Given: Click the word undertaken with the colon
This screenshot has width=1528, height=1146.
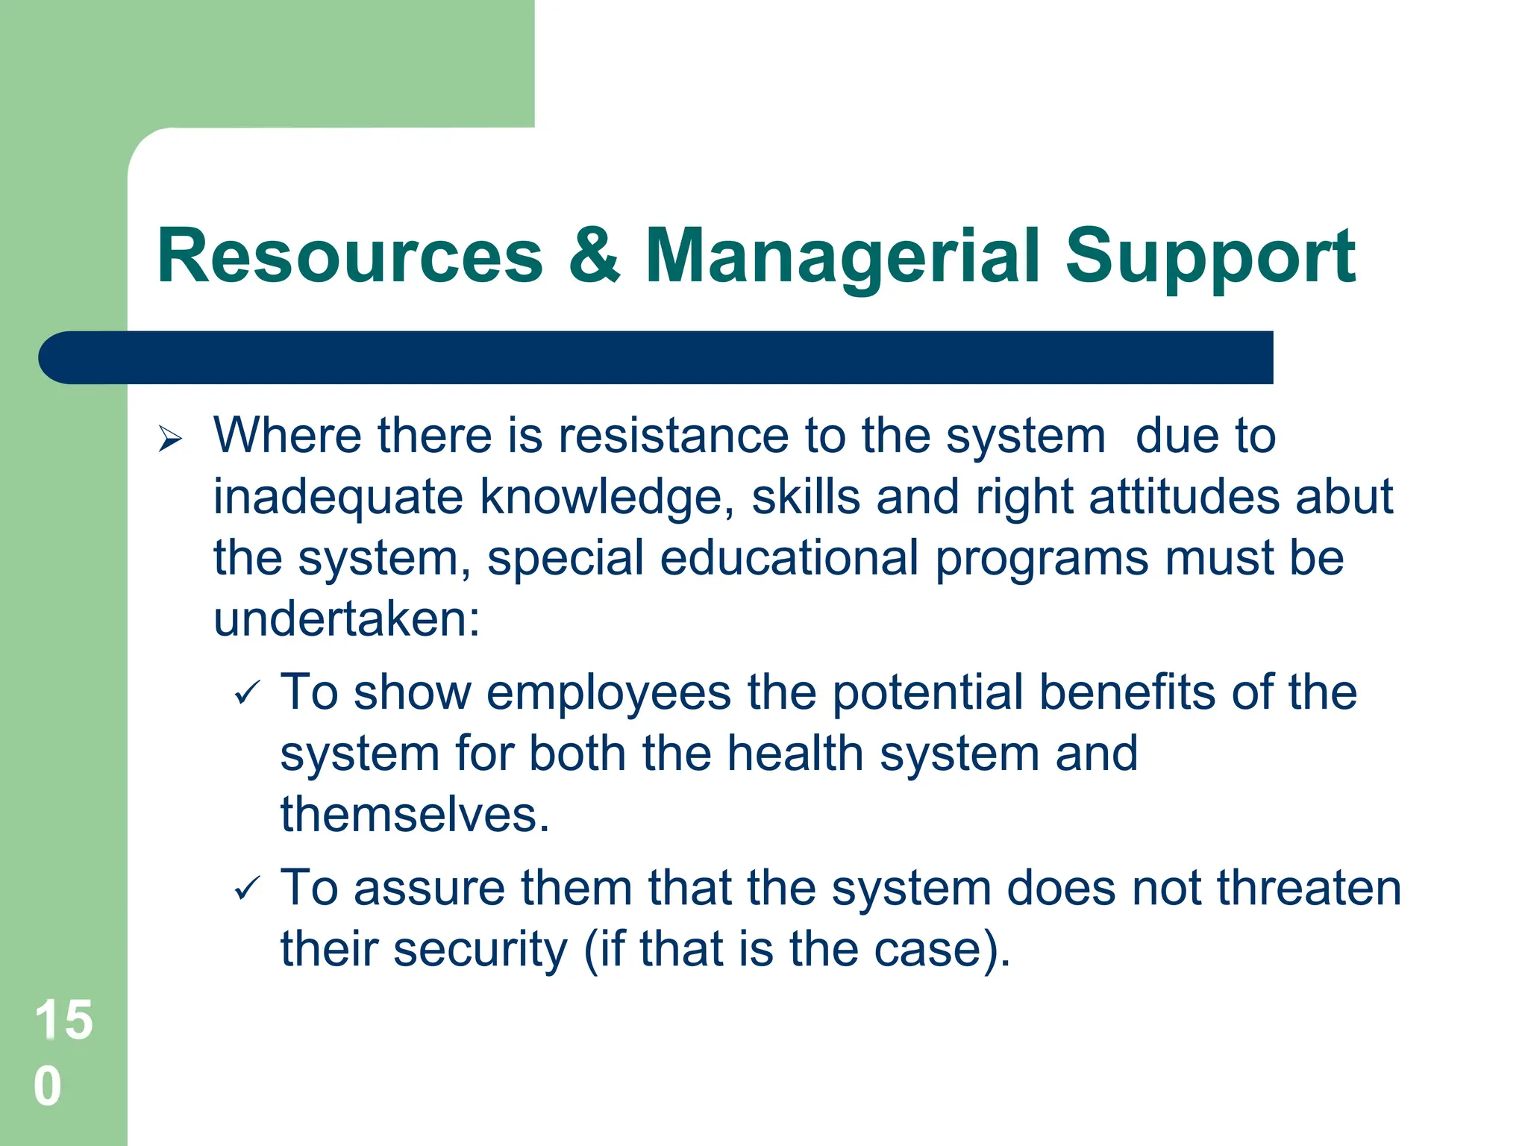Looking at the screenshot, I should [347, 619].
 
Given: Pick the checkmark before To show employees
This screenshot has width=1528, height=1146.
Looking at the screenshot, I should [247, 693].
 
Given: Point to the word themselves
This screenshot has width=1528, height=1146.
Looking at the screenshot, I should [415, 814].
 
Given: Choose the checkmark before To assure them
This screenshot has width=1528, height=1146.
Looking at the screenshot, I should [247, 889].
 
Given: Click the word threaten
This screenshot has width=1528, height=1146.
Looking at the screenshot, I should [1309, 888].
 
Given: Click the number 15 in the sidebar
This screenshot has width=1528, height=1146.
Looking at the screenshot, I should [64, 1020].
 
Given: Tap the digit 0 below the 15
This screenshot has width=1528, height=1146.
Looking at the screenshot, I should [48, 1086].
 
